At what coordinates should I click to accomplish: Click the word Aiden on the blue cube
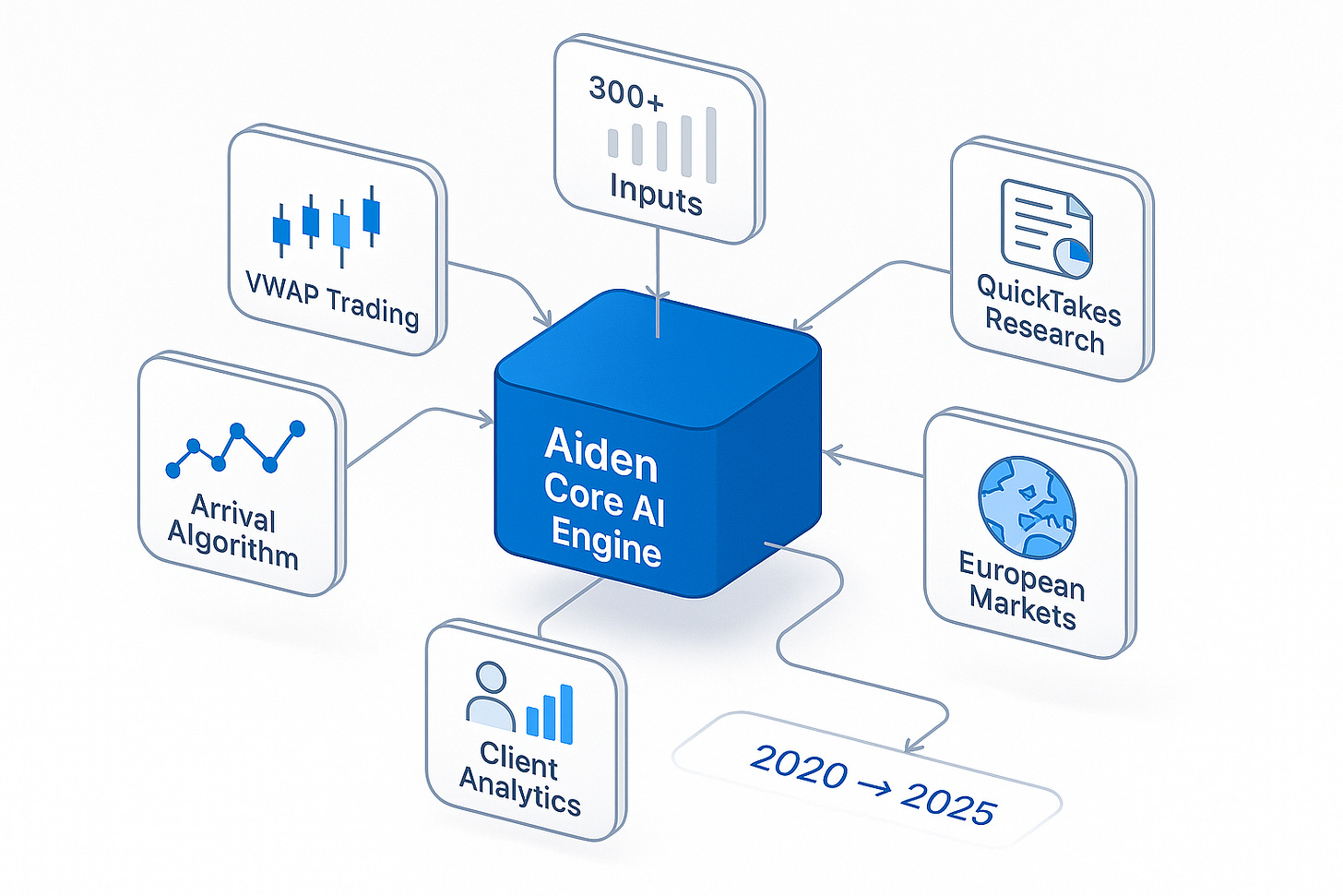coord(601,454)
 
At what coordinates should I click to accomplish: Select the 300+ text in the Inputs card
coord(626,92)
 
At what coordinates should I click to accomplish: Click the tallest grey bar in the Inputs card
coord(710,145)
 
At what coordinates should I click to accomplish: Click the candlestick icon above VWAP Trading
coord(327,224)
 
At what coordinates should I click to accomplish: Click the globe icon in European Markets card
coord(1027,508)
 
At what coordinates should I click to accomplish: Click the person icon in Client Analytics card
coord(490,699)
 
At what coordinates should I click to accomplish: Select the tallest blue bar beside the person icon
coord(565,713)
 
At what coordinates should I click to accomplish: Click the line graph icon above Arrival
coord(236,448)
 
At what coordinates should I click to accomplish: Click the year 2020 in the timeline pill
coord(799,766)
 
